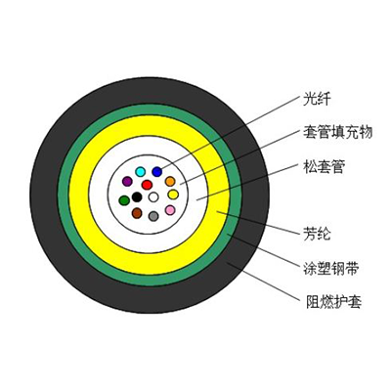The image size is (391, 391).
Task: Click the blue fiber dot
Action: (x=157, y=171)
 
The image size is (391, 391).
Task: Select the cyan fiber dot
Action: (x=141, y=171)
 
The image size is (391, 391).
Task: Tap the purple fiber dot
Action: (x=127, y=181)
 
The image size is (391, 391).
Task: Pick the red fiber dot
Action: (x=147, y=185)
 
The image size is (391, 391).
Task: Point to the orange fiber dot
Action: (x=170, y=181)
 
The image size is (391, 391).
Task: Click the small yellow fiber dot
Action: (x=173, y=195)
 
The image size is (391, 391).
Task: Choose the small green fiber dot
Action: (x=124, y=200)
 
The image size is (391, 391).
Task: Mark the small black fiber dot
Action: (x=137, y=196)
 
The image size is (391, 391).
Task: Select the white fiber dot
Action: (x=153, y=196)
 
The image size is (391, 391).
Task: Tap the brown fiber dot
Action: (x=137, y=213)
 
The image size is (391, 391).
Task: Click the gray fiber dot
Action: (x=153, y=216)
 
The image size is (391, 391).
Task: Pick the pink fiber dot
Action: (x=170, y=210)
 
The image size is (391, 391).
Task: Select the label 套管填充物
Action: (x=337, y=132)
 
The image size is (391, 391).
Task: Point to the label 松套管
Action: (x=324, y=167)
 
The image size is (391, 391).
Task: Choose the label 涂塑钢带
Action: (x=330, y=268)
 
